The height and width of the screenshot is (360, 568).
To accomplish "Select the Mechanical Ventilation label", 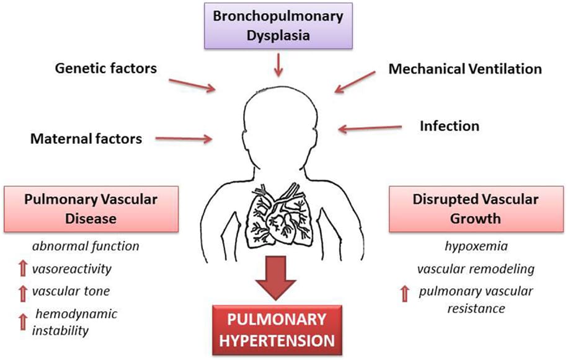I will (465, 69).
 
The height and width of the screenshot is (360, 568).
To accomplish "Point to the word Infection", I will (450, 126).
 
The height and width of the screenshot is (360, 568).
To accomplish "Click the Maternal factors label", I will (86, 138).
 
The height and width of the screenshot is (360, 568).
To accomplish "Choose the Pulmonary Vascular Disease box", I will (91, 209).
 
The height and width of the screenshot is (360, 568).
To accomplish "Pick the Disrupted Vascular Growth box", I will (475, 209).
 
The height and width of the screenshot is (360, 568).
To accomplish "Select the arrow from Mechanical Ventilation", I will (355, 82).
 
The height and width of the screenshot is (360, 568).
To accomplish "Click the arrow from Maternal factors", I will (182, 139).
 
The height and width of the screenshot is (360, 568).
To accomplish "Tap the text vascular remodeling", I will (476, 270).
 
